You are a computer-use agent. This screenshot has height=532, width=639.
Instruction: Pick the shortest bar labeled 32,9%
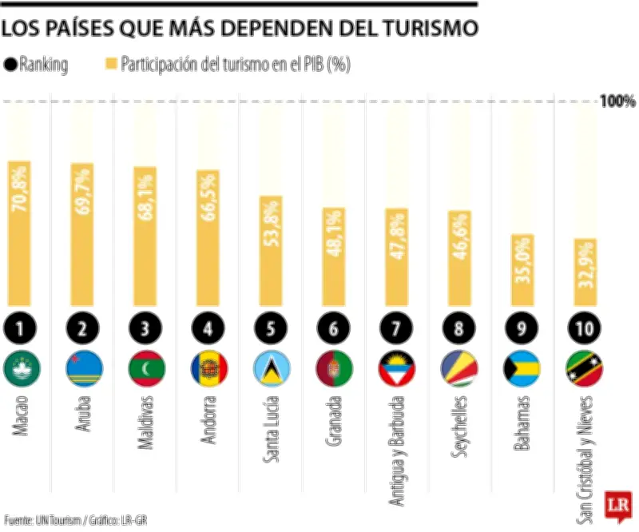point(585,272)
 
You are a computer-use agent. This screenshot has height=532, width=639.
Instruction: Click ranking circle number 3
point(145,327)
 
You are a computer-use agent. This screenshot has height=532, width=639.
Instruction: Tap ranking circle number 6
point(334,327)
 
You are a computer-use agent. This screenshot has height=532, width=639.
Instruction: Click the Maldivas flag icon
point(145,368)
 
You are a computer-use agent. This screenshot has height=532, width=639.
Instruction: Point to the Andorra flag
point(208,368)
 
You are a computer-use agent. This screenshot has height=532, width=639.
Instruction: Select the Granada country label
point(334,428)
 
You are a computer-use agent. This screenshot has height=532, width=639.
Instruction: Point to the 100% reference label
point(617,101)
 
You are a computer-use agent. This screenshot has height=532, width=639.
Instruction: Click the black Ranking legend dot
point(10,66)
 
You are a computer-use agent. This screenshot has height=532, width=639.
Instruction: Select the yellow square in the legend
point(112,66)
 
